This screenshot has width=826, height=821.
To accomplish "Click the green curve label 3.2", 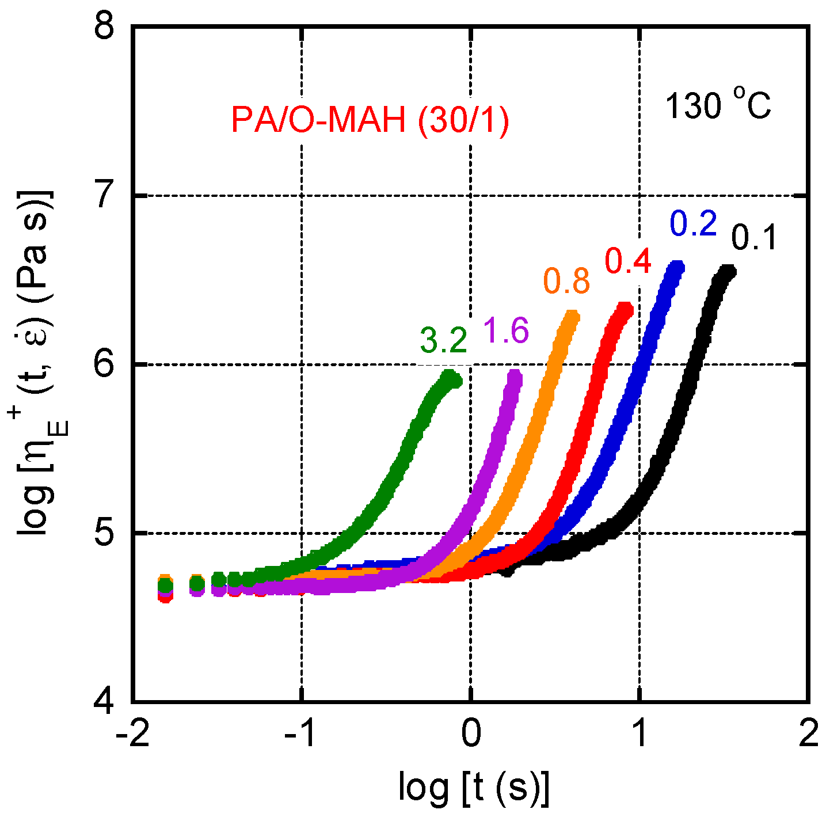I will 443,340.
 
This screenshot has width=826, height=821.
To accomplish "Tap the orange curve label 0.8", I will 567,282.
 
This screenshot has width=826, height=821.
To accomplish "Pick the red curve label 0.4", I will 628,261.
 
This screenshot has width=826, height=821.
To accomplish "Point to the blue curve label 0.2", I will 693,225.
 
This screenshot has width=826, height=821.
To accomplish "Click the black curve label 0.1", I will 754,238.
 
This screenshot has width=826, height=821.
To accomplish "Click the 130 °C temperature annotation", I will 718,107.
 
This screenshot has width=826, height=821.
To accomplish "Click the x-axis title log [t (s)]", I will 474,787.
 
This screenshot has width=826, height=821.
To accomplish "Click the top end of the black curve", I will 728,271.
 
